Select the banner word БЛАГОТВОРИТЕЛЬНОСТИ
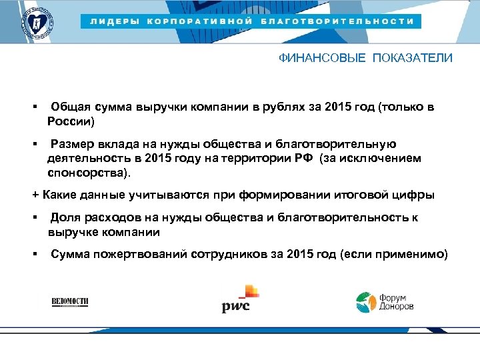(x=337, y=21)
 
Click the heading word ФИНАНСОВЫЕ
(x=322, y=58)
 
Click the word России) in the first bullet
(x=71, y=122)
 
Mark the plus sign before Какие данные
(x=36, y=195)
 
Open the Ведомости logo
(x=70, y=302)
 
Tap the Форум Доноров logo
(x=384, y=302)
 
